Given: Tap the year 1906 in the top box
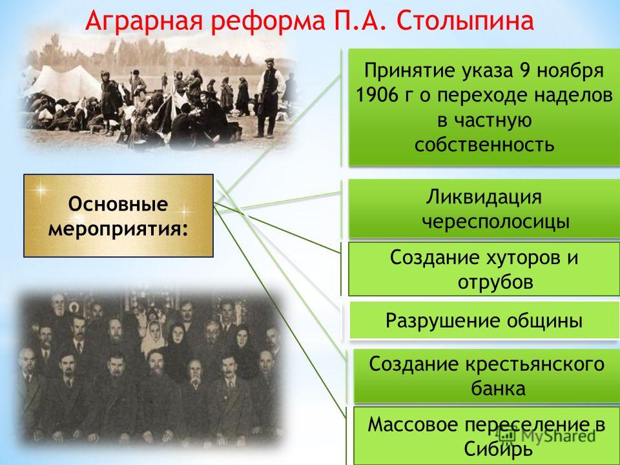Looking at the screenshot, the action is click(x=380, y=96).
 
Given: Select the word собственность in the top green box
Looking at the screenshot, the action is click(x=484, y=145).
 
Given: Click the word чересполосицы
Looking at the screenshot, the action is click(x=496, y=222).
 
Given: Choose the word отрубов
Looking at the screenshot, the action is click(x=495, y=282).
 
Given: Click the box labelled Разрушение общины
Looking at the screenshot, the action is click(x=484, y=320).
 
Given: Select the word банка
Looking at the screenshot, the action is click(x=498, y=389).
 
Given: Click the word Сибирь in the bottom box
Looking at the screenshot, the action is click(x=498, y=449).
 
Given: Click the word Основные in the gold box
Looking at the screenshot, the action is click(x=118, y=204).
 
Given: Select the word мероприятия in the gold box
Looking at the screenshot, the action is click(x=115, y=229).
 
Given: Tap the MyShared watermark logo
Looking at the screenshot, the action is click(x=547, y=435).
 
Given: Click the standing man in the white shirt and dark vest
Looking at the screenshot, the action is click(x=270, y=98).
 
